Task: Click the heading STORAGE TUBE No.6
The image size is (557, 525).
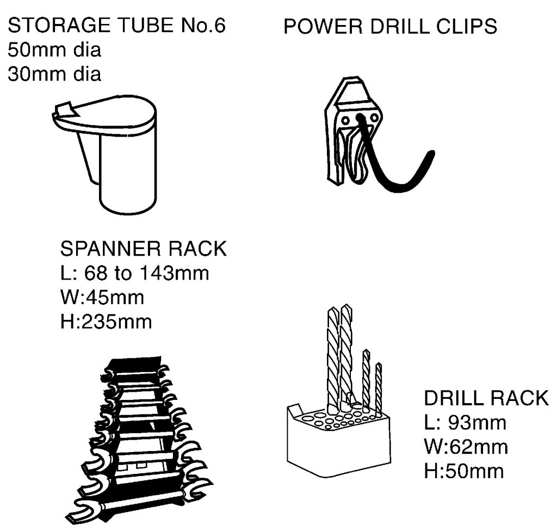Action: (x=116, y=26)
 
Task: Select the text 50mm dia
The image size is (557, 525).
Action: (x=54, y=50)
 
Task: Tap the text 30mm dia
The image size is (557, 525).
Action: (x=54, y=74)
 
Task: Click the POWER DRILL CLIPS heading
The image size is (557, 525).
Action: (x=391, y=26)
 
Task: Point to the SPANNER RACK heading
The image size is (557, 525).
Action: (x=143, y=248)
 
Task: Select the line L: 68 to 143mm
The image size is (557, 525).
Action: (x=135, y=273)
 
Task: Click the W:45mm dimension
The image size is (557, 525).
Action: (x=102, y=297)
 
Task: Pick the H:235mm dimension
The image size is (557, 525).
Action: (x=106, y=322)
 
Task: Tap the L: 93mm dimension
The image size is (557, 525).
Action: (x=465, y=422)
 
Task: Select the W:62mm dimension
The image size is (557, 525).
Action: (x=466, y=447)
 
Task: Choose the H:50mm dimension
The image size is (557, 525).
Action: (x=464, y=471)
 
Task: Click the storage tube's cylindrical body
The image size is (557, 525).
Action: (x=128, y=170)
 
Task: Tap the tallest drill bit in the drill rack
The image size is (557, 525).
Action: (x=346, y=355)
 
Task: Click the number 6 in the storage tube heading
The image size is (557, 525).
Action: (x=220, y=26)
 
